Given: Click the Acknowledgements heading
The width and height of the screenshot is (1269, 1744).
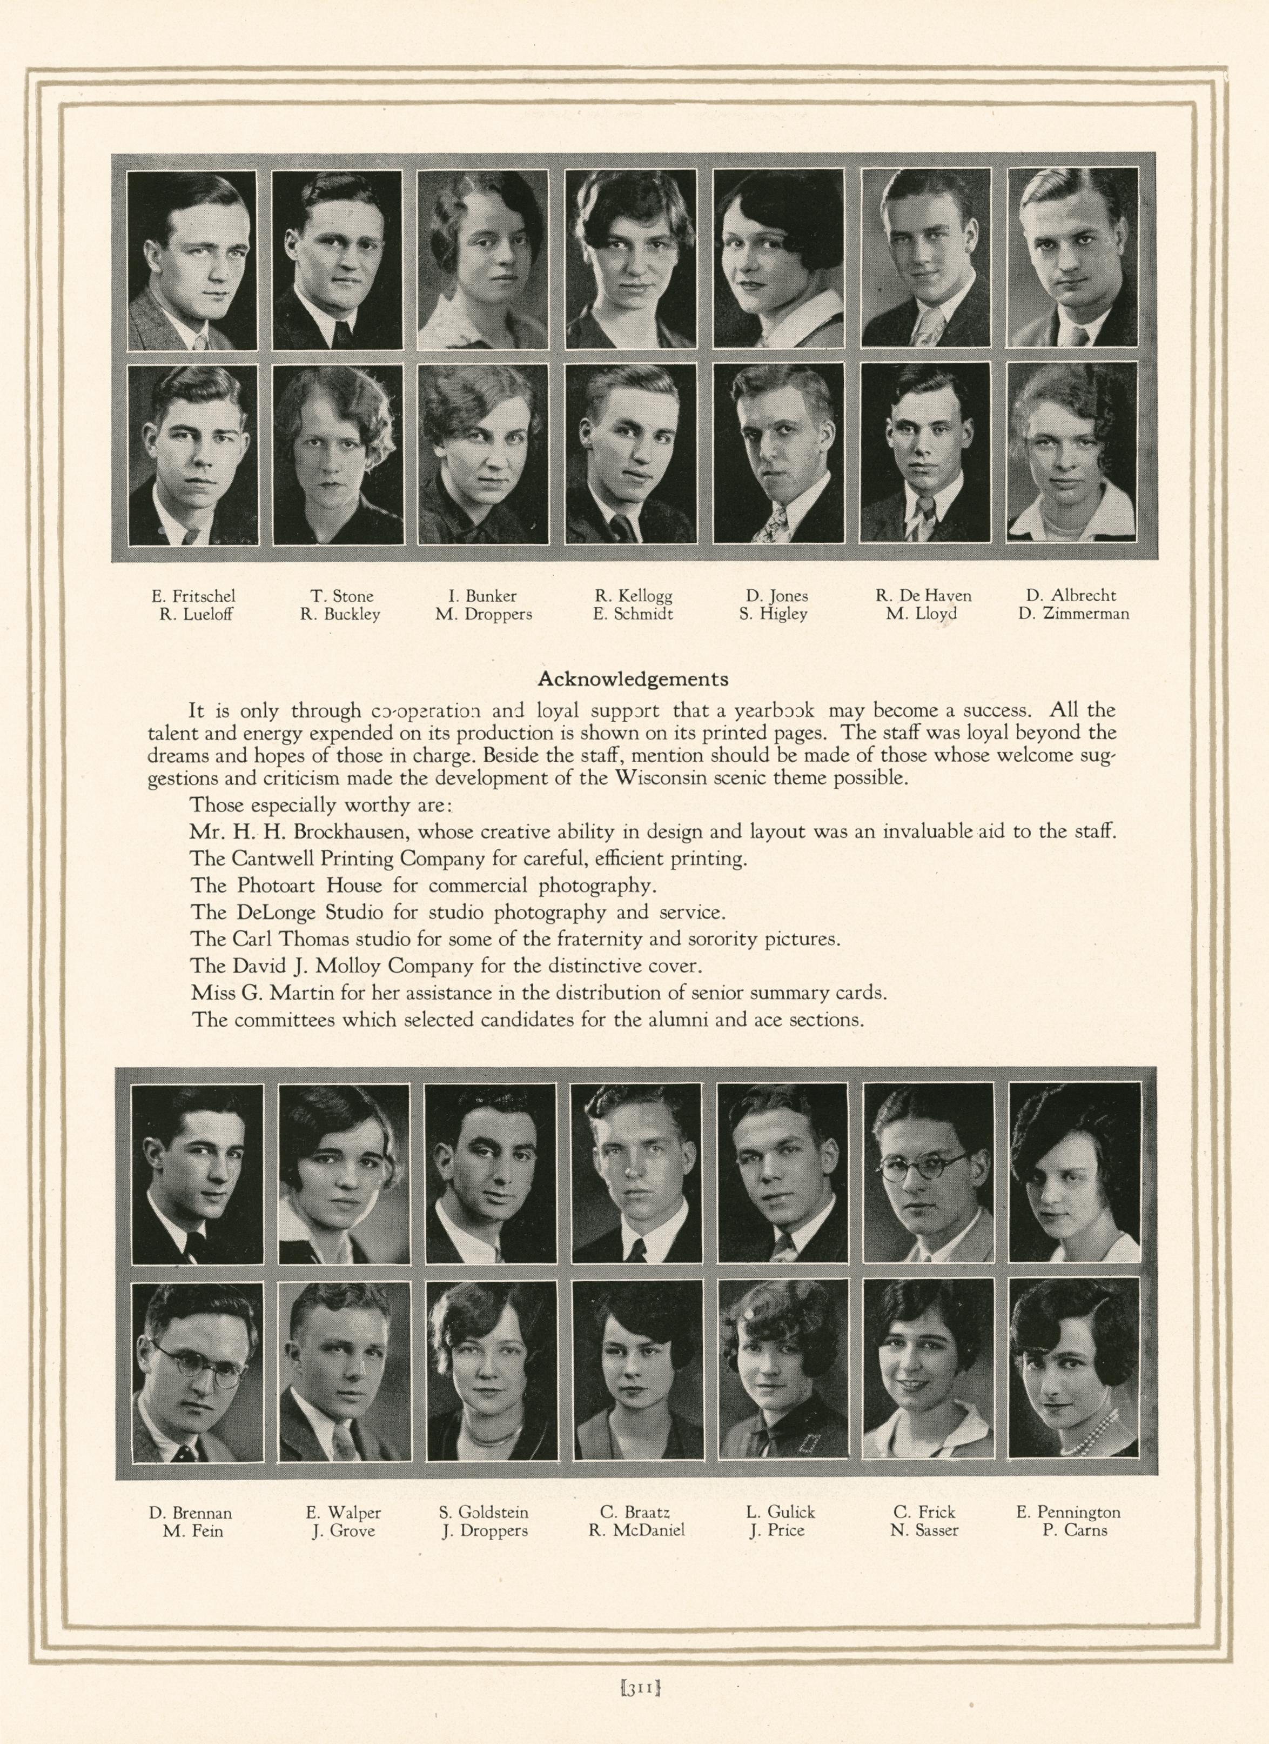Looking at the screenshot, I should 633,679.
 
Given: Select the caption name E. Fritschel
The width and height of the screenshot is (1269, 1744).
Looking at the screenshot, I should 193,596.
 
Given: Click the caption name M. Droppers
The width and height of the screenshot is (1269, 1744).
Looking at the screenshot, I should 484,614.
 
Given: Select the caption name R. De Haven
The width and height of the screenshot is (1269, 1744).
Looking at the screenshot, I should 923,596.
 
